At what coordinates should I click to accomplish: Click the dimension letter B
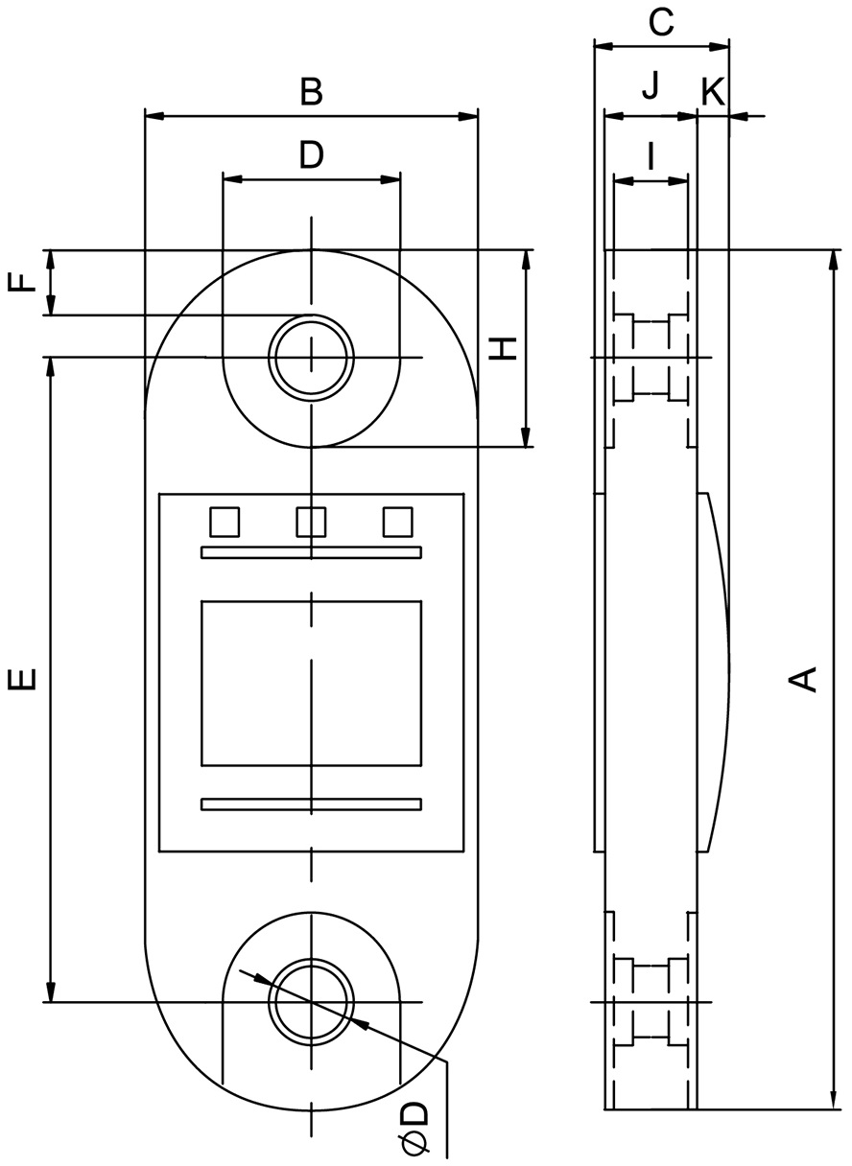click(x=312, y=92)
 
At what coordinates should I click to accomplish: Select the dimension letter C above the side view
click(x=661, y=23)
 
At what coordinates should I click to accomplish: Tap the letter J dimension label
click(x=651, y=85)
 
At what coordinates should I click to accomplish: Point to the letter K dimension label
click(x=713, y=92)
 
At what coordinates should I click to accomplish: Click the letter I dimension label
click(x=651, y=156)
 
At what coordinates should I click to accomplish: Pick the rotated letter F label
click(x=22, y=283)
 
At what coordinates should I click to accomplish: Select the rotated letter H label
click(x=503, y=349)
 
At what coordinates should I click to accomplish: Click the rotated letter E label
click(x=22, y=679)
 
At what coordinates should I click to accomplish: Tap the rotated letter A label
click(x=802, y=680)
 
